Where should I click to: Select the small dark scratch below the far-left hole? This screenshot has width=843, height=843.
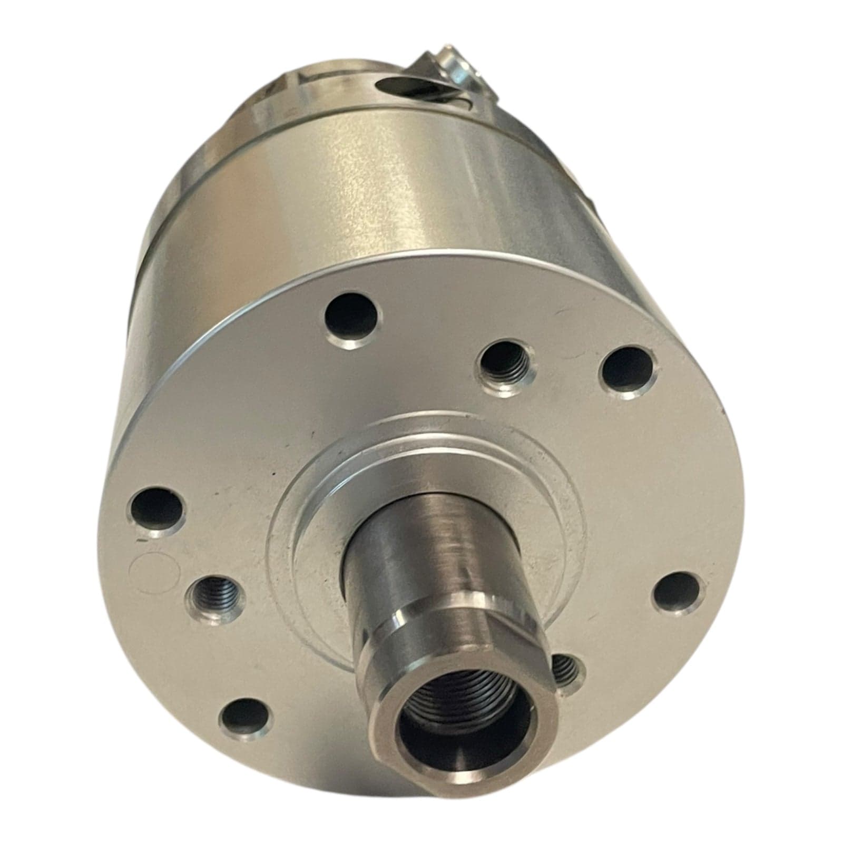click(141, 541)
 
